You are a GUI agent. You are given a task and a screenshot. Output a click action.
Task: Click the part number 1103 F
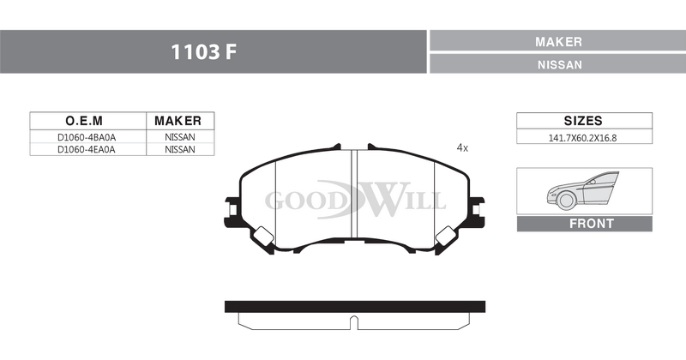(x=203, y=52)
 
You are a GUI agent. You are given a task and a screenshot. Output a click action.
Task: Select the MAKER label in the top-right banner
(x=558, y=41)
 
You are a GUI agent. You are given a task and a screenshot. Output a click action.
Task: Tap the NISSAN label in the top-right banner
(x=560, y=65)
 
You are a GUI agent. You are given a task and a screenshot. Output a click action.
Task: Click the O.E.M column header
(x=84, y=120)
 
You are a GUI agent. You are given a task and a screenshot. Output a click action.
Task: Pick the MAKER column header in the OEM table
(x=178, y=120)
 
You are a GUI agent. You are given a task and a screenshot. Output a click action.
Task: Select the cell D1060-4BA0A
(x=87, y=137)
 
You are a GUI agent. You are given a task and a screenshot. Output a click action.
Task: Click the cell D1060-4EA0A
(x=87, y=149)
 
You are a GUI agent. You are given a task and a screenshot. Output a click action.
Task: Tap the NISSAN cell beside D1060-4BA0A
(x=180, y=137)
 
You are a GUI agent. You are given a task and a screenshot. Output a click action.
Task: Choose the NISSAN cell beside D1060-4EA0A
(x=180, y=149)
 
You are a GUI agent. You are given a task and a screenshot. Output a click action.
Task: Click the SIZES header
(x=583, y=120)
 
